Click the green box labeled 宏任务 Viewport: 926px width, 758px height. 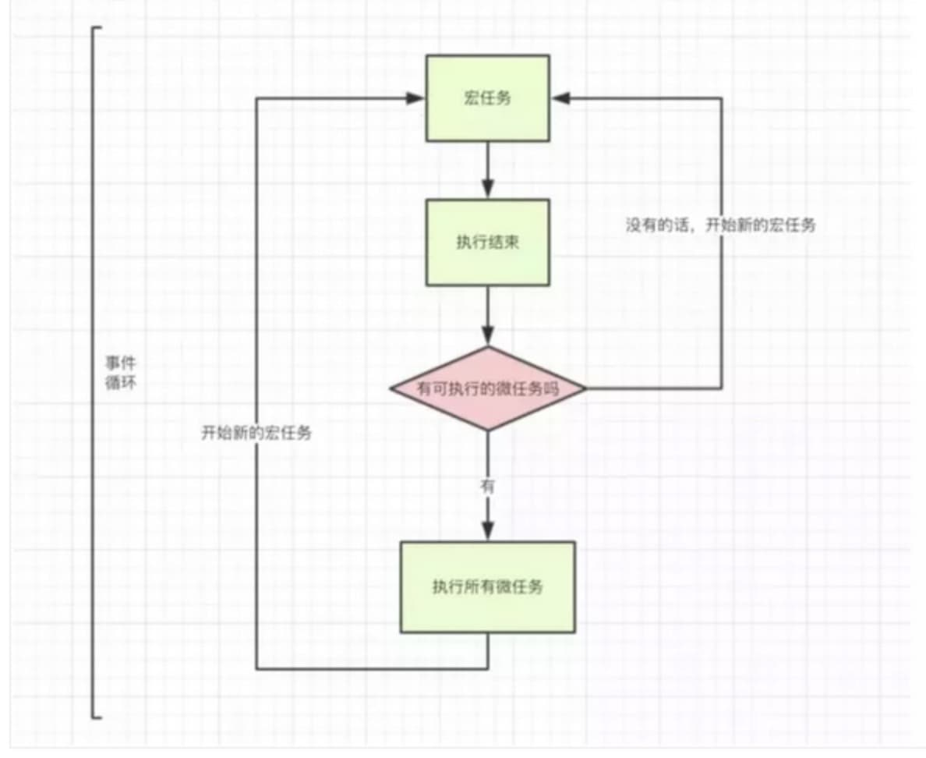[x=488, y=98]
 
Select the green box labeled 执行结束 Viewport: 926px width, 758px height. [x=488, y=242]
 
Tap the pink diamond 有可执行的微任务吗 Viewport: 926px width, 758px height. [x=488, y=388]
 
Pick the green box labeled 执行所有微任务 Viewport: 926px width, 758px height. [x=488, y=586]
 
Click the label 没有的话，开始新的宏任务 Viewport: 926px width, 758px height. [x=720, y=225]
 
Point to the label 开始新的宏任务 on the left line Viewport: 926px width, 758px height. [x=256, y=433]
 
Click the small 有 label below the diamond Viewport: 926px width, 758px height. [x=488, y=487]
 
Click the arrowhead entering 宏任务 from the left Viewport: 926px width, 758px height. [x=416, y=98]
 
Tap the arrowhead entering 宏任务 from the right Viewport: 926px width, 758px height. [x=560, y=98]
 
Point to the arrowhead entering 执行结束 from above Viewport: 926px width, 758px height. [x=488, y=189]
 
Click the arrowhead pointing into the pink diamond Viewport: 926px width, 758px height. [x=488, y=337]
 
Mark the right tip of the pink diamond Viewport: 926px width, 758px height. [x=585, y=388]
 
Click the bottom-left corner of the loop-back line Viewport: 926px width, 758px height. [x=256, y=669]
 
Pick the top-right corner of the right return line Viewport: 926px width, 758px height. [x=721, y=98]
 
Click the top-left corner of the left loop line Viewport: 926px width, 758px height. [x=256, y=98]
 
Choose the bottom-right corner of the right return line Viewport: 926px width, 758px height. [x=721, y=388]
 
